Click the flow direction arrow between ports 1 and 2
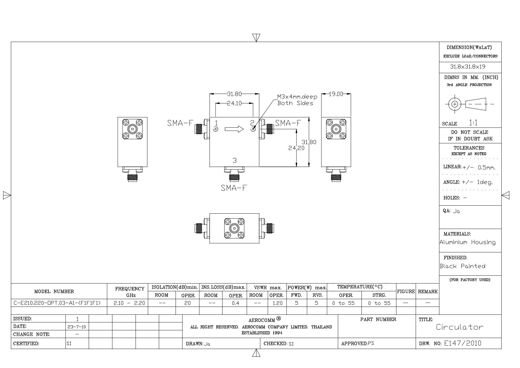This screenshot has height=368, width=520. (x=234, y=129)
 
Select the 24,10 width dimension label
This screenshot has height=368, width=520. (x=235, y=103)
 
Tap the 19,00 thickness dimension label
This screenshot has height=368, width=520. (x=336, y=94)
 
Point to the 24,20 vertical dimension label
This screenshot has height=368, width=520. (x=296, y=148)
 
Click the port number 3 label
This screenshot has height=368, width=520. (x=235, y=161)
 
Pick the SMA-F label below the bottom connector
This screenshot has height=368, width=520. (x=234, y=188)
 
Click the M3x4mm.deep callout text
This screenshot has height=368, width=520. (x=297, y=97)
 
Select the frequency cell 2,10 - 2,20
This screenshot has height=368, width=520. (x=130, y=303)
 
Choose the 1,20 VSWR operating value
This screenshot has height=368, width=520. (x=277, y=303)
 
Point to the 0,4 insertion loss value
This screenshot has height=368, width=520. (x=235, y=303)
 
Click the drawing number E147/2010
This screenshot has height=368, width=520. (x=462, y=343)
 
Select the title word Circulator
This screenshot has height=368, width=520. (x=460, y=327)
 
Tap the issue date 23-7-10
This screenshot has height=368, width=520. (x=77, y=327)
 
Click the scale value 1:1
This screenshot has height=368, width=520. (x=473, y=123)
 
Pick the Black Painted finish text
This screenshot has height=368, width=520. (x=462, y=266)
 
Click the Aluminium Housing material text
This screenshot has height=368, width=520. (x=468, y=242)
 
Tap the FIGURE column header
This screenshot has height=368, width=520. (x=406, y=291)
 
